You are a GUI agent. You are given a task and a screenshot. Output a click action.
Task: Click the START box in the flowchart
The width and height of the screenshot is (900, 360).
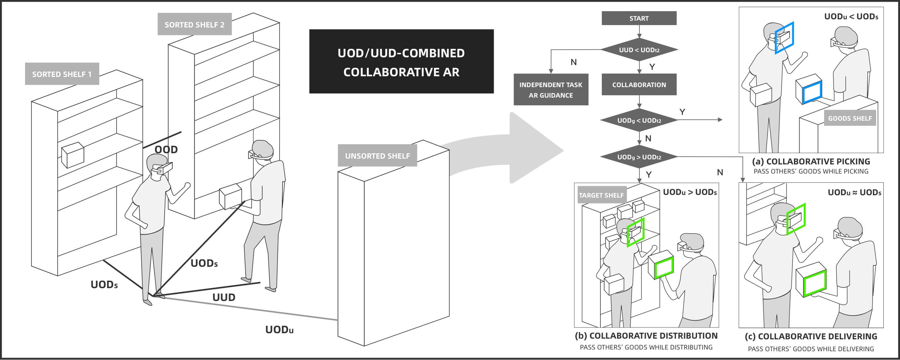639,18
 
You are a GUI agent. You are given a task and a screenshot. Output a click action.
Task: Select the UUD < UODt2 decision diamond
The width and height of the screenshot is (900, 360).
639,50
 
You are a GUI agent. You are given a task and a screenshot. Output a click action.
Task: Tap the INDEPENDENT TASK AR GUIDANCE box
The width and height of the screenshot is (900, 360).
551,90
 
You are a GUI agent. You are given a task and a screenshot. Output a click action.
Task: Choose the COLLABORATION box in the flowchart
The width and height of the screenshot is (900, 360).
639,85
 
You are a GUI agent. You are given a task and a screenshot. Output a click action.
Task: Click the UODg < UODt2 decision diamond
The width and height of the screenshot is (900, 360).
639,120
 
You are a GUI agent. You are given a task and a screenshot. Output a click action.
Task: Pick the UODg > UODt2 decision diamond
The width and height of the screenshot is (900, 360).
639,157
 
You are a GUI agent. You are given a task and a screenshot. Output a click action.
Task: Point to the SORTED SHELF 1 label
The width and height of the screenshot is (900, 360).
62,74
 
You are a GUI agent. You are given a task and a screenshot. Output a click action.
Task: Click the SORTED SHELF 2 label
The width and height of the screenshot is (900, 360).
194,24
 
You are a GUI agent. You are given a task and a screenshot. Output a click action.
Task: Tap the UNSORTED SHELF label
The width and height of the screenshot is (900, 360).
377,156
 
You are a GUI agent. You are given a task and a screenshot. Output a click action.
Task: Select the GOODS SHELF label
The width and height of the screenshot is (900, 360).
850,118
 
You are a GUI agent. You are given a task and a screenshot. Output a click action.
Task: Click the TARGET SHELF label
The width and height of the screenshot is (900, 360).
601,195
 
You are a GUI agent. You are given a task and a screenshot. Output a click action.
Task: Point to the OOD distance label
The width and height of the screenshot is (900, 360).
166,149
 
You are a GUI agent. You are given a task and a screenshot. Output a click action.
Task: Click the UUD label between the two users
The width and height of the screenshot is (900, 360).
224,297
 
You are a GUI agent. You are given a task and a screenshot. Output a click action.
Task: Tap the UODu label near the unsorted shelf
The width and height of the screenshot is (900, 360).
279,329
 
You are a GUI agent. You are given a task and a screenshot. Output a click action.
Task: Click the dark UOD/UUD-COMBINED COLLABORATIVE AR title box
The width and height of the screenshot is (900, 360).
401,62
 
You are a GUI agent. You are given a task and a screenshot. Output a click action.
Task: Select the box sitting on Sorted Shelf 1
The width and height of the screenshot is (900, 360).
72,154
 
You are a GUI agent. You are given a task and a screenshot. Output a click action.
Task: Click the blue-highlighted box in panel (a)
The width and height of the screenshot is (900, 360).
809,89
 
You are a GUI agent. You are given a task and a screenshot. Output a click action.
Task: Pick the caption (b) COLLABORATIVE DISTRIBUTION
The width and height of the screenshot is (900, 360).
646,336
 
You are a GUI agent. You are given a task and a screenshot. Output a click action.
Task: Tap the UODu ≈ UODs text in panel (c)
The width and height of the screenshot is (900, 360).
854,193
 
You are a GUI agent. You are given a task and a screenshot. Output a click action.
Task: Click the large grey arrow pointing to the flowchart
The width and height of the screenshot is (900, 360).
517,148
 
